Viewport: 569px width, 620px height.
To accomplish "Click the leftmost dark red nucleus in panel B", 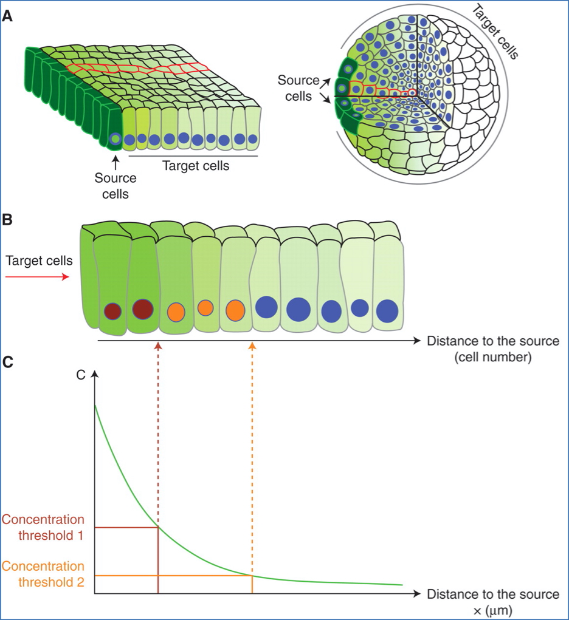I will (x=112, y=311).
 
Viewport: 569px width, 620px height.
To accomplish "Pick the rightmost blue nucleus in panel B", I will (x=387, y=311).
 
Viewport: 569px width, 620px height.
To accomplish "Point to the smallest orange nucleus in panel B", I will (x=205, y=308).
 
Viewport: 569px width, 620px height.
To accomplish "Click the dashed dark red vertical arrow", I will (x=158, y=425).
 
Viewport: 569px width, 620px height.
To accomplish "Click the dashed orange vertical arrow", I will (x=252, y=449).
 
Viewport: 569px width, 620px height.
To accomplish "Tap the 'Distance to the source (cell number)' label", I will (x=492, y=349).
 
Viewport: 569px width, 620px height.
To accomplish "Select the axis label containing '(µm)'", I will (x=492, y=601).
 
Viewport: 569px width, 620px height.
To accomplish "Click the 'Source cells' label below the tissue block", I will (x=116, y=186).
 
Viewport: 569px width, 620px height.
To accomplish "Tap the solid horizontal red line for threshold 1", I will (x=126, y=527).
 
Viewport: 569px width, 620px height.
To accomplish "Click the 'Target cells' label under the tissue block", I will (x=196, y=165).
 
